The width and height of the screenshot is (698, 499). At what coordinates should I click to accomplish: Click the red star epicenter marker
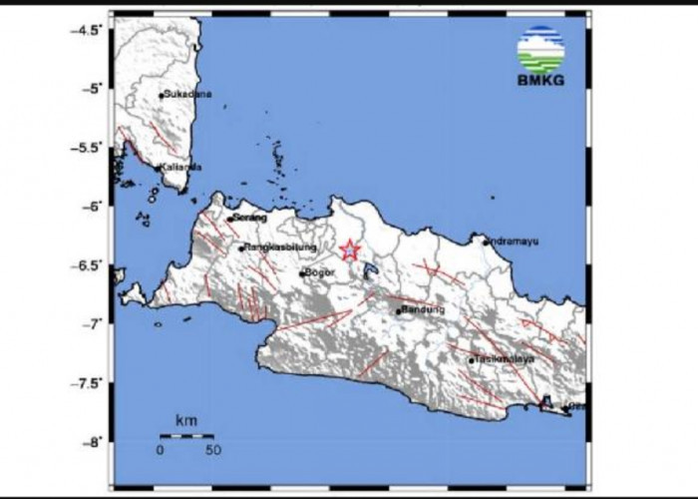coord(349,250)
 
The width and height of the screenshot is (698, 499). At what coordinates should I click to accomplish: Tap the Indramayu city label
coord(516,241)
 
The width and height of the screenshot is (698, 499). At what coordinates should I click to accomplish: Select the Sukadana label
coord(187,96)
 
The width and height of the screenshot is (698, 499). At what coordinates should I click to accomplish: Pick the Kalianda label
coord(183,167)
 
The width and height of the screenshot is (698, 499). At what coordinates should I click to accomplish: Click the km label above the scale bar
coord(185,423)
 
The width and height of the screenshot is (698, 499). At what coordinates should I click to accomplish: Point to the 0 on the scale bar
coord(160,450)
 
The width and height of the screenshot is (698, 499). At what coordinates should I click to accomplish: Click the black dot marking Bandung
coord(398,311)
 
